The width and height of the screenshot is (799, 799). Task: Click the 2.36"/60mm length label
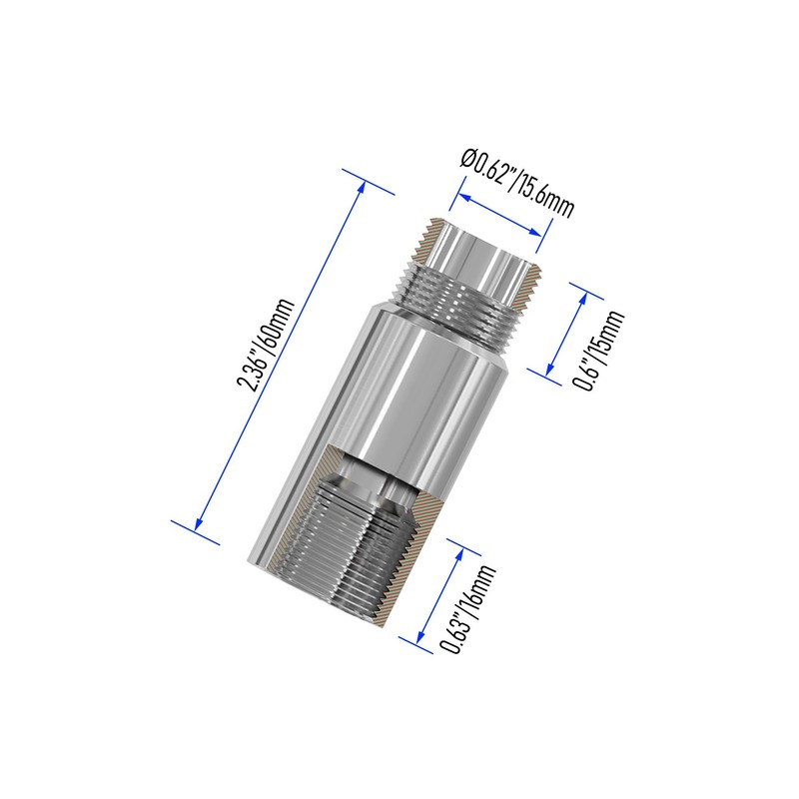click(267, 345)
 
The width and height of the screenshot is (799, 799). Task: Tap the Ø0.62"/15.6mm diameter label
click(516, 183)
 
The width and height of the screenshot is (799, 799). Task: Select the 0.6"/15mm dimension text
click(599, 350)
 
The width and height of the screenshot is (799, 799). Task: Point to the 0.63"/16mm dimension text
click(467, 608)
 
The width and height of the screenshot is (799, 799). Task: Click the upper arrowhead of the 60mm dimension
click(363, 187)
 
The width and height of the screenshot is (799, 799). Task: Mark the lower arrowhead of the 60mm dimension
click(199, 526)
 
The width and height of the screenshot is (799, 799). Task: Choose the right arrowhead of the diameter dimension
click(536, 232)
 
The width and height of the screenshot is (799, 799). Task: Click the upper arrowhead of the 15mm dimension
click(584, 297)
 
